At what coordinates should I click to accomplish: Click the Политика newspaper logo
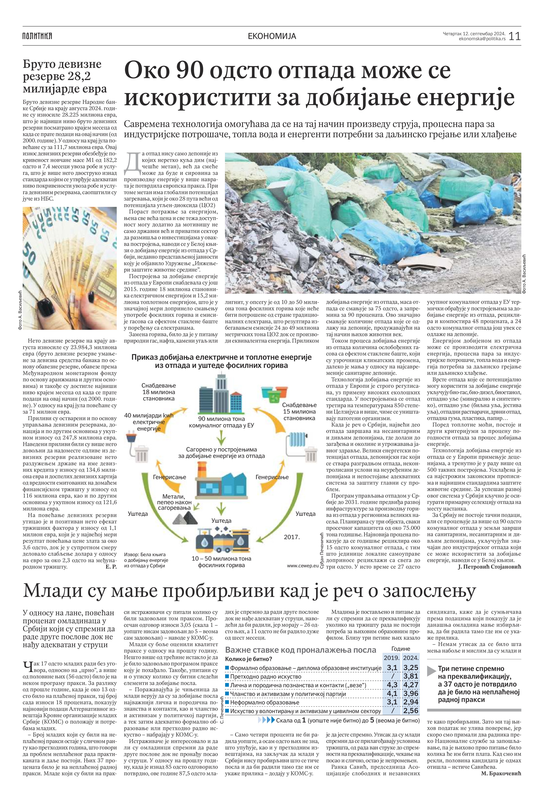[37, 36]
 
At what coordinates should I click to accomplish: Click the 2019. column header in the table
[392, 658]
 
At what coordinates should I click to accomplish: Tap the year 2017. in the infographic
[292, 537]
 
